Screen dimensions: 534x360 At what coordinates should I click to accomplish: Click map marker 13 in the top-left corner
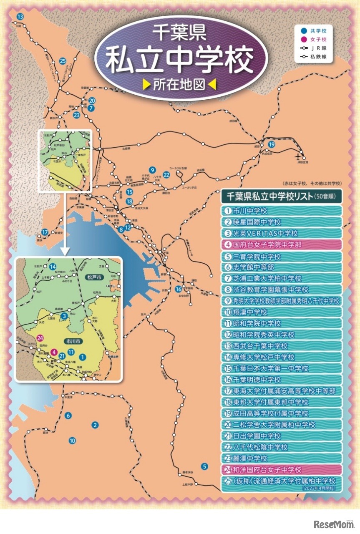point(20,16)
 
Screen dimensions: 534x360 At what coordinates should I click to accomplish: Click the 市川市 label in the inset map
point(73,341)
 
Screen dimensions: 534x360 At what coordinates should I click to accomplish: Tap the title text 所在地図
point(180,84)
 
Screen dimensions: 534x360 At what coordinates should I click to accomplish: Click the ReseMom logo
point(333,524)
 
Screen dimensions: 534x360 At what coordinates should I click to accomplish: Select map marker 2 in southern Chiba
point(95,425)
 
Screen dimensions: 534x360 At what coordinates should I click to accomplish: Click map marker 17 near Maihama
point(45,232)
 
